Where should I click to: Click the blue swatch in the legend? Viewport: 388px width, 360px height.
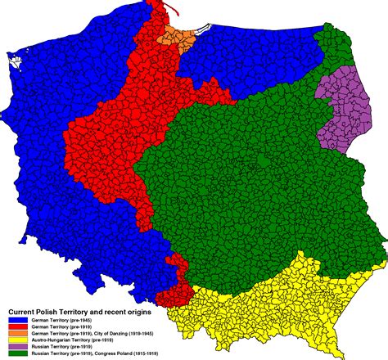[x=18, y=320]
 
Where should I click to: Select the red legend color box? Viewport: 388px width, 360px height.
[x=18, y=326]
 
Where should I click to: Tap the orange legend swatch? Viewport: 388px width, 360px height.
[x=18, y=333]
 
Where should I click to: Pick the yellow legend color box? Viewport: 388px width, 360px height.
[x=18, y=340]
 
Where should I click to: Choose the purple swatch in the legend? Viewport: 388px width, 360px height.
[x=18, y=346]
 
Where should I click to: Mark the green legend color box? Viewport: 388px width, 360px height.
[x=18, y=353]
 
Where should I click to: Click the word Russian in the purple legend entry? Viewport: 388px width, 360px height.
[x=38, y=346]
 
